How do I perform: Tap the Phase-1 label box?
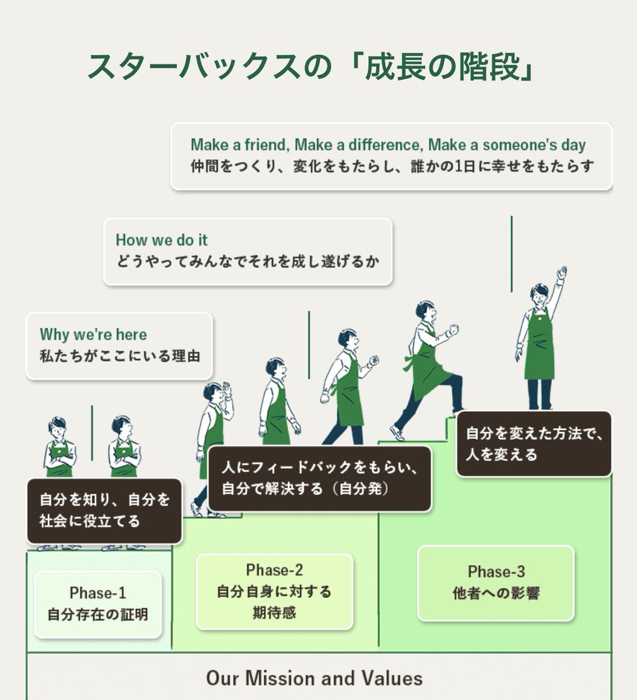click(97, 603)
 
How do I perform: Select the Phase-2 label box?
click(274, 591)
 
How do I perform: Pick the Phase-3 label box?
click(496, 583)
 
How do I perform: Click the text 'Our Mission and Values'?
click(314, 678)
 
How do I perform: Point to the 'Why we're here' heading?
click(93, 335)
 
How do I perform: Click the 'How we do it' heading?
click(162, 240)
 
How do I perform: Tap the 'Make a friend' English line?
click(388, 145)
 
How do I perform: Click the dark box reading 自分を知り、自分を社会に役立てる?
click(104, 510)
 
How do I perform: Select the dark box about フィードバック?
click(319, 478)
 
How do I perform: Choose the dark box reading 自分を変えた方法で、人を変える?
click(533, 444)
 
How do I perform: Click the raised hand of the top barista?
click(562, 273)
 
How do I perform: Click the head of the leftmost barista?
click(57, 426)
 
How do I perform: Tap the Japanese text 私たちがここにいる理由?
click(120, 355)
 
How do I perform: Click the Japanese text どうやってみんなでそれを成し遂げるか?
click(247, 261)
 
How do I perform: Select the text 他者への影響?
click(496, 593)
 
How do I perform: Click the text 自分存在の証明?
click(97, 614)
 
